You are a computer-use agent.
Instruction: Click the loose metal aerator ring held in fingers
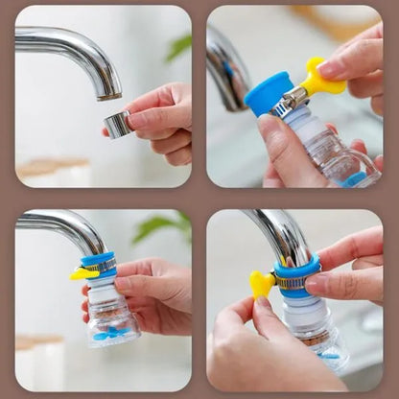pos(117,124)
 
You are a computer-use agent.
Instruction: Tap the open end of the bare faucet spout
pos(108,93)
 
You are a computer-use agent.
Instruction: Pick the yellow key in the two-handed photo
pos(261,285)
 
